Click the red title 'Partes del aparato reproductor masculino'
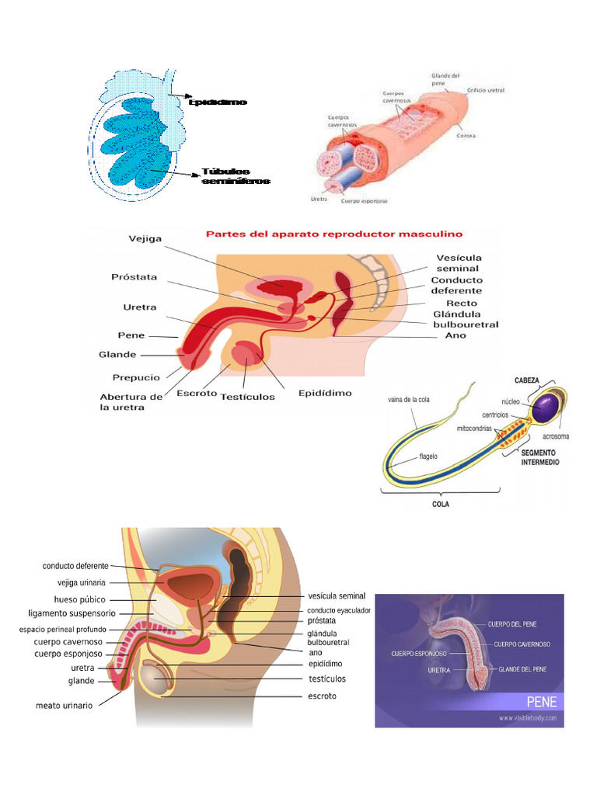point(333,233)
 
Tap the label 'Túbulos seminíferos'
point(236,176)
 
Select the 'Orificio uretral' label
point(485,90)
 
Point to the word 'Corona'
point(466,135)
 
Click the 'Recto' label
point(462,303)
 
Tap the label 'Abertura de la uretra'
point(131,401)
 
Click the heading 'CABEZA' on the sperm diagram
point(529,380)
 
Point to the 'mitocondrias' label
point(474,428)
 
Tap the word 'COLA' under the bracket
point(441,503)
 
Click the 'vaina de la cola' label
point(409,400)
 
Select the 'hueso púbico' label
point(79,599)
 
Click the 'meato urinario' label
point(64,706)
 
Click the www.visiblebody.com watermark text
point(528,718)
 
